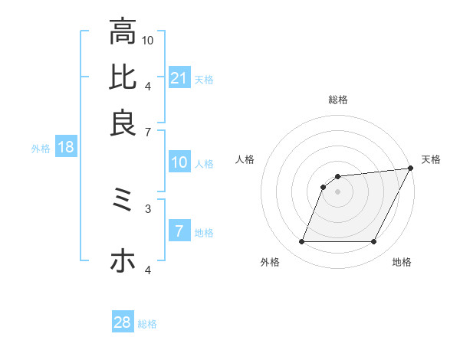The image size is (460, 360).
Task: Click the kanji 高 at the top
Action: coord(123,32)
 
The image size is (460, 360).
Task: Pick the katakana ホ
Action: coord(123,261)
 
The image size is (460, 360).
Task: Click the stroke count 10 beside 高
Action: coord(148,40)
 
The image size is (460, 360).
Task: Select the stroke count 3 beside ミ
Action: coord(148,208)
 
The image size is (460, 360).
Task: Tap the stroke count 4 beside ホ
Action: coord(148,270)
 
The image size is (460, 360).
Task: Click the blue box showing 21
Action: coord(179,78)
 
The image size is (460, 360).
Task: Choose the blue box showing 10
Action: coord(179,162)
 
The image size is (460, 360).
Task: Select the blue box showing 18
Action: coord(66,148)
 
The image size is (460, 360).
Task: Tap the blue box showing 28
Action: coord(123,322)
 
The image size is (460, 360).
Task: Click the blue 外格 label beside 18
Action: coord(41,149)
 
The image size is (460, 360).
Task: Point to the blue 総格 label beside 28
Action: coord(147,324)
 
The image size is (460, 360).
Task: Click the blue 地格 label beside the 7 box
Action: coord(205,233)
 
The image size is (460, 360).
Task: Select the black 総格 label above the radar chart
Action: coord(337,100)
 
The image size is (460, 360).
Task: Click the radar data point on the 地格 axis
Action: coord(373,242)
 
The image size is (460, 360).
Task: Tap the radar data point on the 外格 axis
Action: coord(301,242)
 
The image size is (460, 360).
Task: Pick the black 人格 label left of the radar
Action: coord(245,159)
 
